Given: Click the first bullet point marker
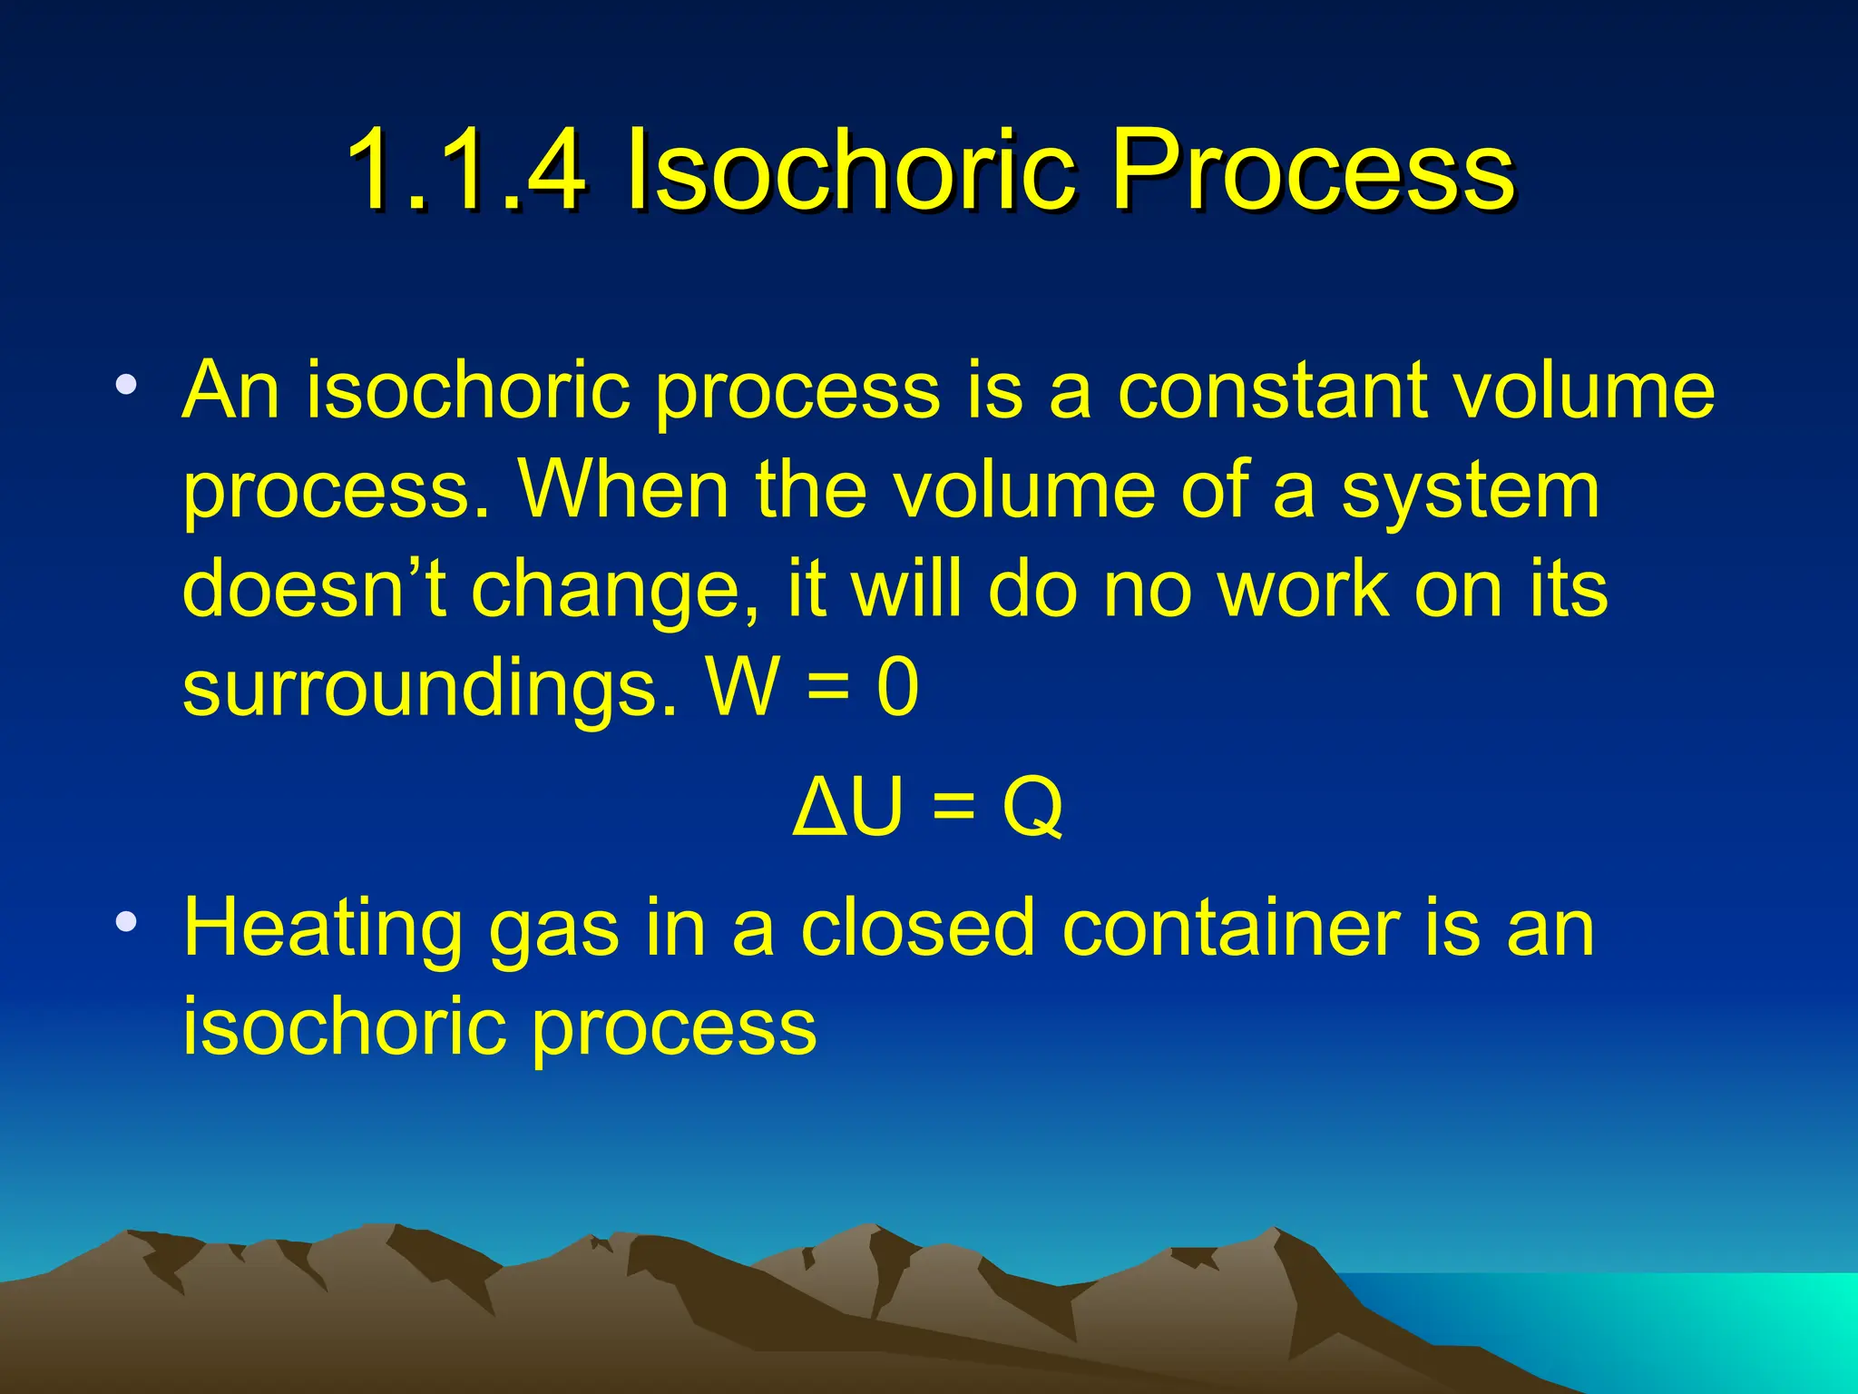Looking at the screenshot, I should click(x=126, y=385).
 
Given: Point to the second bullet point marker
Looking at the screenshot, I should click(x=126, y=923).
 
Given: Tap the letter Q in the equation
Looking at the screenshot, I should click(x=1032, y=808).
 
